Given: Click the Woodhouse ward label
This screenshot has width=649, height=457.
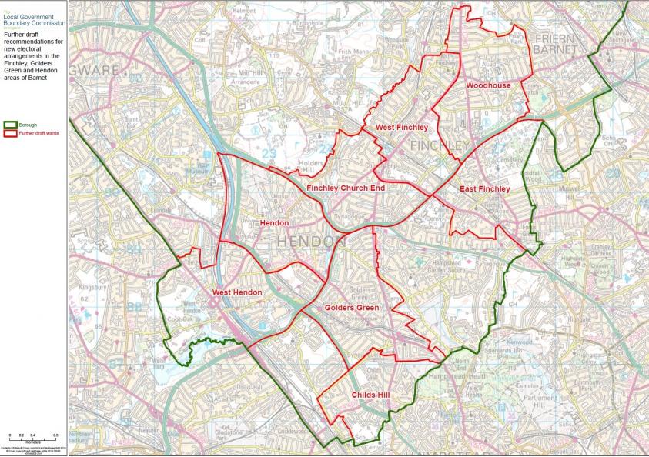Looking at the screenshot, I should tap(488, 85).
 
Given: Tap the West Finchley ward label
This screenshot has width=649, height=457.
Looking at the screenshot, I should tap(395, 126).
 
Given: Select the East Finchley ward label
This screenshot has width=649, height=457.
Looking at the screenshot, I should tap(484, 188).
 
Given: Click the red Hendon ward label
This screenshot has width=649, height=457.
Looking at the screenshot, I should tap(274, 223).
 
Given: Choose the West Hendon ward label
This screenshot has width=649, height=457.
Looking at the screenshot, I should tap(236, 292).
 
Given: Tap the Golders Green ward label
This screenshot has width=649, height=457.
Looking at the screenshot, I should tap(352, 307).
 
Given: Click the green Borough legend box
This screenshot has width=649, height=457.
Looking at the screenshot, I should tap(10, 123).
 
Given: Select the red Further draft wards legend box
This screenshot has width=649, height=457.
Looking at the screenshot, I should tap(10, 133).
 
